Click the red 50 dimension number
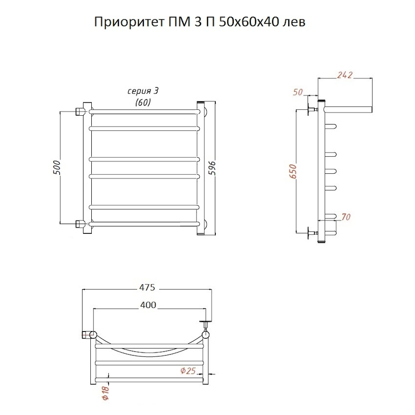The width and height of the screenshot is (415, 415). click(297, 92)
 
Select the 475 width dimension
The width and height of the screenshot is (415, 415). click(147, 288)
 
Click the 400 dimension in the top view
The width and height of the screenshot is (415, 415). click(147, 305)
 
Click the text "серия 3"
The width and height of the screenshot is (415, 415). click(145, 91)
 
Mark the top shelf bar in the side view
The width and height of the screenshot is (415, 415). click(348, 109)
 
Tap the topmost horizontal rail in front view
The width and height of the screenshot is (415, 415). click(144, 111)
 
